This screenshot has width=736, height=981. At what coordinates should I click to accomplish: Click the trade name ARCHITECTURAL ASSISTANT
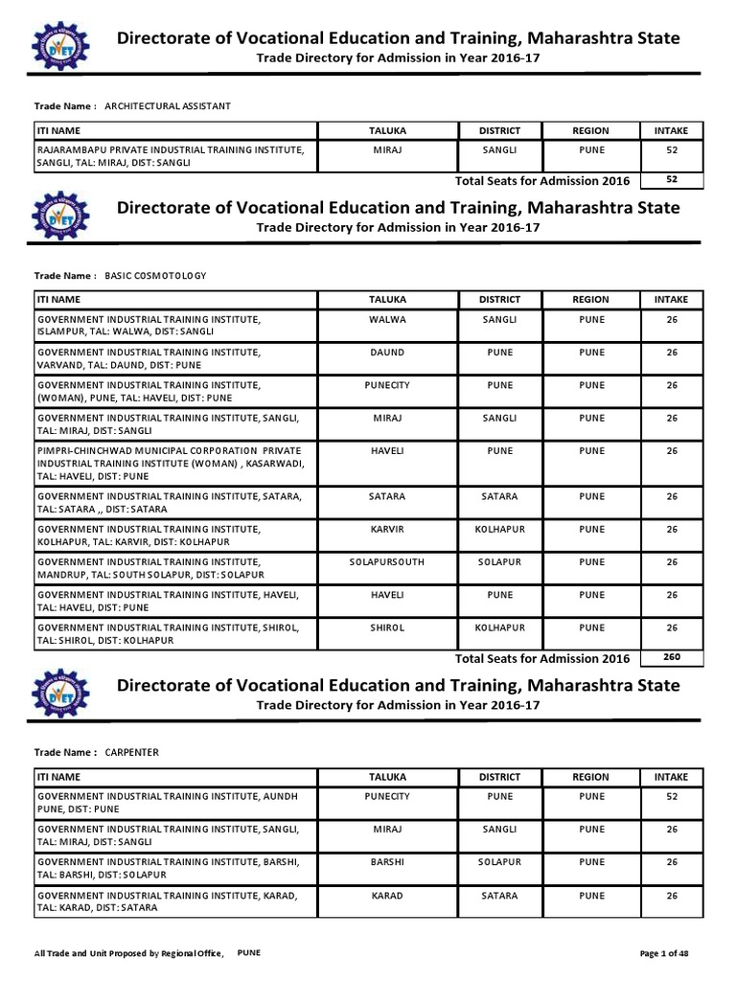167,105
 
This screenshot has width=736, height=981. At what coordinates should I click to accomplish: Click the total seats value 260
672,657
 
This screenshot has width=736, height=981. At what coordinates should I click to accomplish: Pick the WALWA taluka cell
387,320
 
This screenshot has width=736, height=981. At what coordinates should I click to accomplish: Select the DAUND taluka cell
387,353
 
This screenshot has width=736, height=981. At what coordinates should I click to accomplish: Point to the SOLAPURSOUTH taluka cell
387,561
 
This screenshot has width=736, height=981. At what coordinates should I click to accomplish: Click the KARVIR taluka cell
387,529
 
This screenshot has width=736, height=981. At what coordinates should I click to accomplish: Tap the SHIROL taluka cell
387,627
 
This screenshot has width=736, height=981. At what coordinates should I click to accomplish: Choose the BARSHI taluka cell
387,862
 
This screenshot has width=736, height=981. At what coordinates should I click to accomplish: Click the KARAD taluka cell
387,896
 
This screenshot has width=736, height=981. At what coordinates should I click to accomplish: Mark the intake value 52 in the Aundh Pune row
672,797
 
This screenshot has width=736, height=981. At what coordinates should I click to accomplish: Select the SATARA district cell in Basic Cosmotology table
499,497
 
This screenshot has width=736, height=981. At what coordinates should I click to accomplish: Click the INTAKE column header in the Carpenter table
672,777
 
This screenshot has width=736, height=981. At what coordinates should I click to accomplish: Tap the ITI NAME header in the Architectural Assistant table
58,130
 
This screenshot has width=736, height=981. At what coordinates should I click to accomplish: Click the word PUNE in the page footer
249,953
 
